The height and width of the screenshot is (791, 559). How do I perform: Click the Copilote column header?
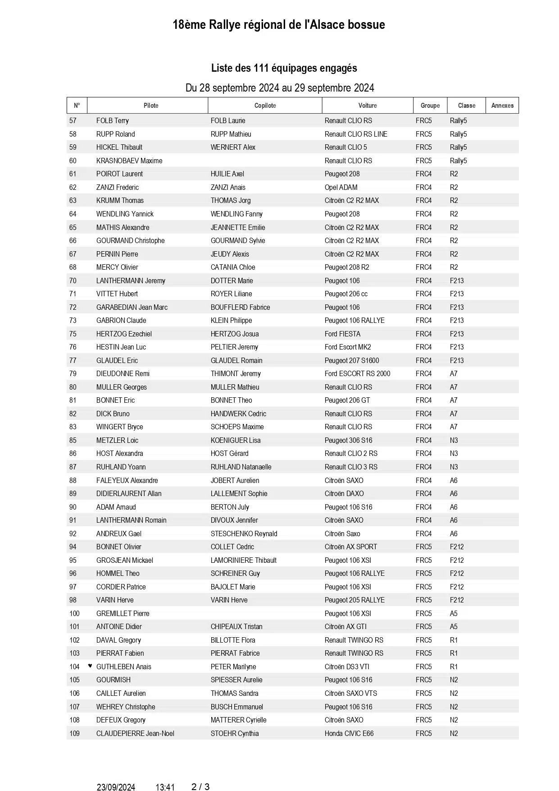pyautogui.click(x=265, y=106)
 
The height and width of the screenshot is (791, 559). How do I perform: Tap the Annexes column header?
pyautogui.click(x=502, y=106)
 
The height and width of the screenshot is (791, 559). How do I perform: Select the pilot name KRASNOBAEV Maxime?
pyautogui.click(x=129, y=161)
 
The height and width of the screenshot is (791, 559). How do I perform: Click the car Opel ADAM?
pyautogui.click(x=341, y=187)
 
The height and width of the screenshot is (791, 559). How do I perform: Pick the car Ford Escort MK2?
pyautogui.click(x=348, y=347)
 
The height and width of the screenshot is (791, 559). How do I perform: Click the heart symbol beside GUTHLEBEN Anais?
pyautogui.click(x=90, y=666)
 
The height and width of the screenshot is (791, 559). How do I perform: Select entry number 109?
pyautogui.click(x=75, y=733)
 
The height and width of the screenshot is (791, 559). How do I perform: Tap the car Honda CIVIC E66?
pyautogui.click(x=349, y=733)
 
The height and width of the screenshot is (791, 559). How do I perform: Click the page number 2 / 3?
pyautogui.click(x=200, y=787)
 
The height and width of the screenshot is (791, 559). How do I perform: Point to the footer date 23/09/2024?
pyautogui.click(x=116, y=787)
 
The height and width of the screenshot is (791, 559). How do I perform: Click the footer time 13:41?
pyautogui.click(x=165, y=787)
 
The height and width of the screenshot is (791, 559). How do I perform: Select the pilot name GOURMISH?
pyautogui.click(x=114, y=680)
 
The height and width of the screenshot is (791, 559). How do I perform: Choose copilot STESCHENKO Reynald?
pyautogui.click(x=244, y=533)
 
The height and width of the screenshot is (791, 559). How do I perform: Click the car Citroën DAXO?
pyautogui.click(x=344, y=493)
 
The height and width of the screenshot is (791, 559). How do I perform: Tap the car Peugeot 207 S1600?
pyautogui.click(x=352, y=360)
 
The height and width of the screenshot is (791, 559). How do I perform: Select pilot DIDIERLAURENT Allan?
pyautogui.click(x=129, y=493)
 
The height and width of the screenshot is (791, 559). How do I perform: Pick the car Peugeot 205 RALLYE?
pyautogui.click(x=354, y=600)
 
